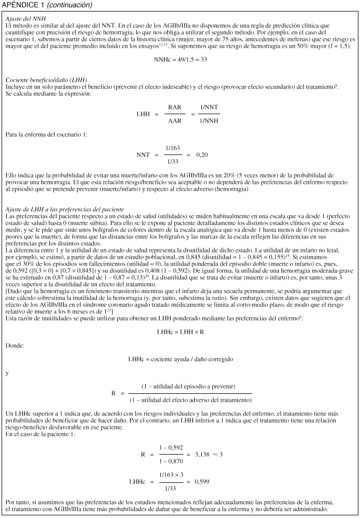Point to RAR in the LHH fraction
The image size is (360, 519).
pos(174,107)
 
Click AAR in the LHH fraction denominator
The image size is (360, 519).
pos(174,120)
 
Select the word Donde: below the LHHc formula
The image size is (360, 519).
pos(15,346)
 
